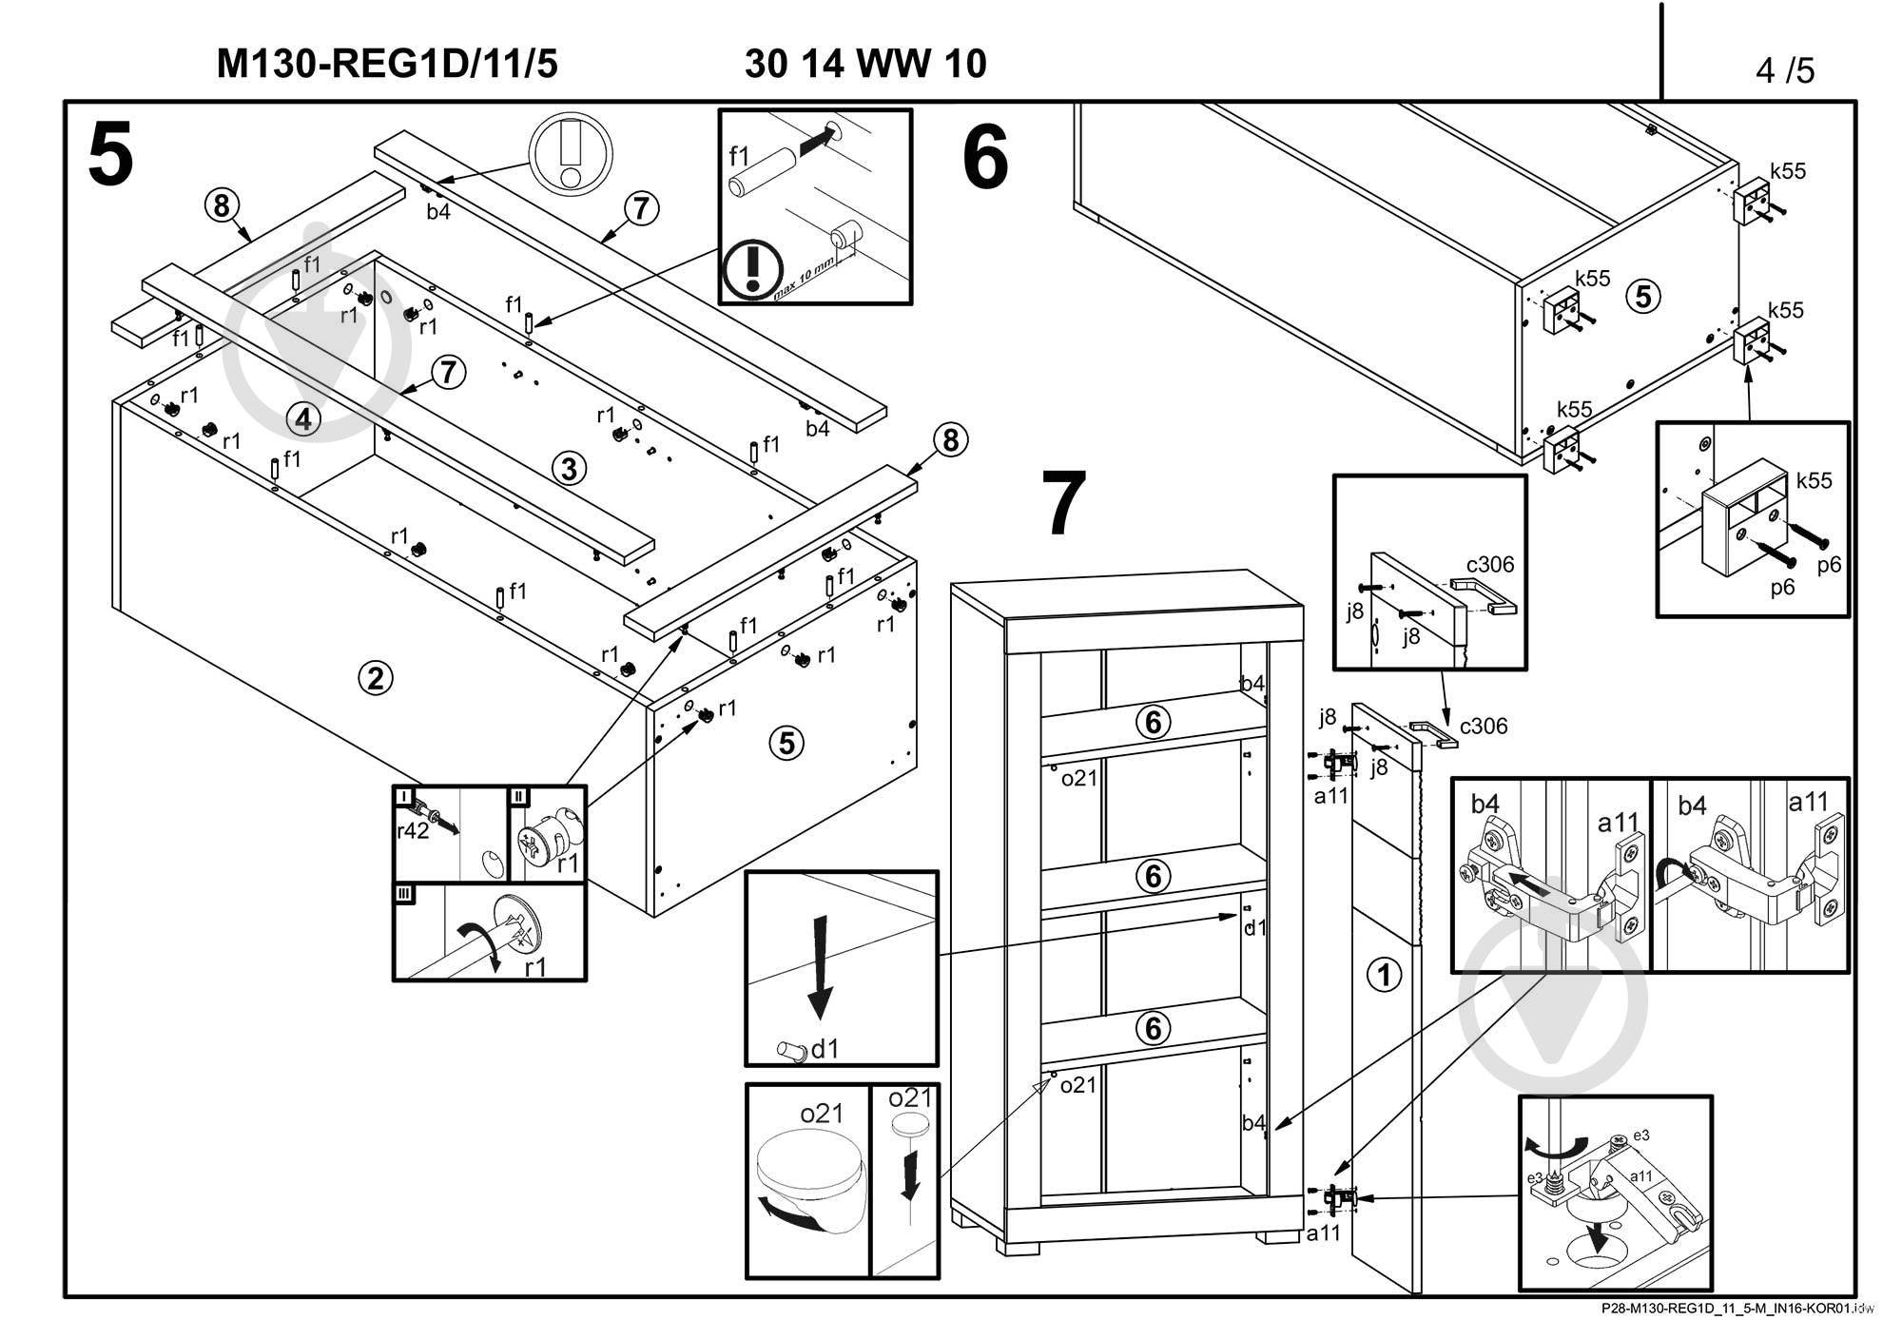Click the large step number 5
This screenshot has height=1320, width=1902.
coord(110,156)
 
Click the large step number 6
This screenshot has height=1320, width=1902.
coord(984,159)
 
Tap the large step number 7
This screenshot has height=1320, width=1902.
coord(1063,504)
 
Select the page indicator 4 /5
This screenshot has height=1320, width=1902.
coord(1784,69)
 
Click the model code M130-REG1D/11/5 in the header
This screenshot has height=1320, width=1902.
coord(387,64)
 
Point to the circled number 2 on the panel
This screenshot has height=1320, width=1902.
coord(376,678)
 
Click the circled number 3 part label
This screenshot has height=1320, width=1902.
coord(569,468)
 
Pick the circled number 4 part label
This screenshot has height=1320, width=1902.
coord(303,418)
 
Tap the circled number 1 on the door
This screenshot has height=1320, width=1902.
coord(1384,974)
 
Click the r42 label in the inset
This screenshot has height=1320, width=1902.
coord(412,831)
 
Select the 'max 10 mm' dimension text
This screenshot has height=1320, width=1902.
coord(805,279)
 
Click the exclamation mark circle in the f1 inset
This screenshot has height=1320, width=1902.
coord(752,270)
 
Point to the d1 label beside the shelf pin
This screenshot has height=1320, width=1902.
coord(825,1049)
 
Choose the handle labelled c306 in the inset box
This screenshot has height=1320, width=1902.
coord(1484,596)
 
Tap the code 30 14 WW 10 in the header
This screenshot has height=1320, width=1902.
coord(865,64)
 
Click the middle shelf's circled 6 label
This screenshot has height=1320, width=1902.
coord(1153,875)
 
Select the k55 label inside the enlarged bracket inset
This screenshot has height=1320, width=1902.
coord(1814,480)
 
